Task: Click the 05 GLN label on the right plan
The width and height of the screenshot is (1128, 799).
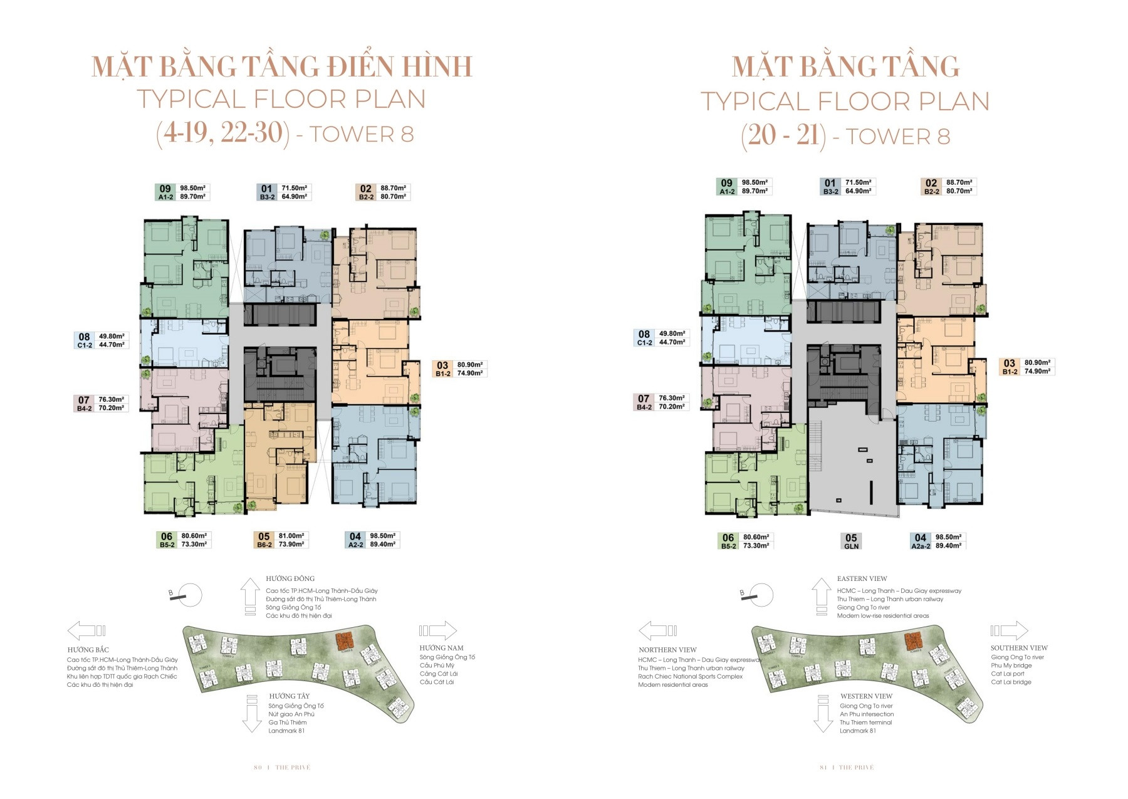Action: pos(851,541)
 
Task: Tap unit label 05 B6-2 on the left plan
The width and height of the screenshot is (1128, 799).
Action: pos(264,540)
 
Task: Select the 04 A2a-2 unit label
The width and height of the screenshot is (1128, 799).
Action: pos(920,541)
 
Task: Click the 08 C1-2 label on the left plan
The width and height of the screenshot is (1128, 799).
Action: pos(84,340)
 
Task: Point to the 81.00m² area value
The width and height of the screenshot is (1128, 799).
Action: pos(291,536)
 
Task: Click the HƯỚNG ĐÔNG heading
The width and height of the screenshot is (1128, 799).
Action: pos(290,578)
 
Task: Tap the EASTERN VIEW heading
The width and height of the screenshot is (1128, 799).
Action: pos(862,578)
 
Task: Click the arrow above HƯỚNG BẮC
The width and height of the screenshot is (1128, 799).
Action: pos(86,630)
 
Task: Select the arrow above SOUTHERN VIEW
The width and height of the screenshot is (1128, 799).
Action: pos(1009,630)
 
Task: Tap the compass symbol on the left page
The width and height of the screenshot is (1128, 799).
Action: pos(187,595)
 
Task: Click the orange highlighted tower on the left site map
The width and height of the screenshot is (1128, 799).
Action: pos(343,640)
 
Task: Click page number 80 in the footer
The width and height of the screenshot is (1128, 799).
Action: pos(258,768)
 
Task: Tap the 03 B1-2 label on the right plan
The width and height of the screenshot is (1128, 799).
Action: pos(1010,367)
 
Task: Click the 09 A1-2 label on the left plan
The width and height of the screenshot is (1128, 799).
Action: pos(165,192)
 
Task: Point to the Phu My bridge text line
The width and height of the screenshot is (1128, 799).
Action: pos(1011,666)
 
